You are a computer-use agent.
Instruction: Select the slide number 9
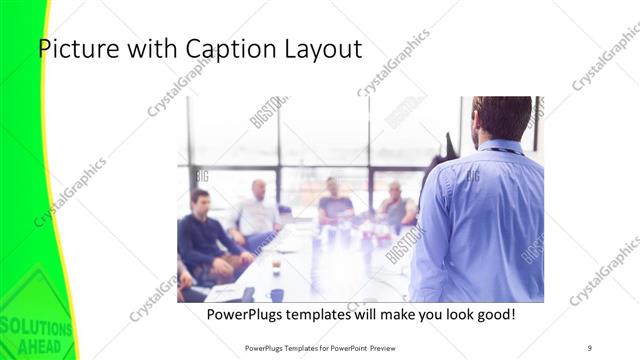(590, 347)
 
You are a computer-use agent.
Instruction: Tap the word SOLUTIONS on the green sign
(36, 328)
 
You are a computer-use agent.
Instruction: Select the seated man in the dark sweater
(205, 235)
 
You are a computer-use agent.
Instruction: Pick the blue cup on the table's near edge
(276, 295)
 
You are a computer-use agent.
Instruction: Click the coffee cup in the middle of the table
(276, 265)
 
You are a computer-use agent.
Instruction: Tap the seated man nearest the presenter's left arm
(397, 208)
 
